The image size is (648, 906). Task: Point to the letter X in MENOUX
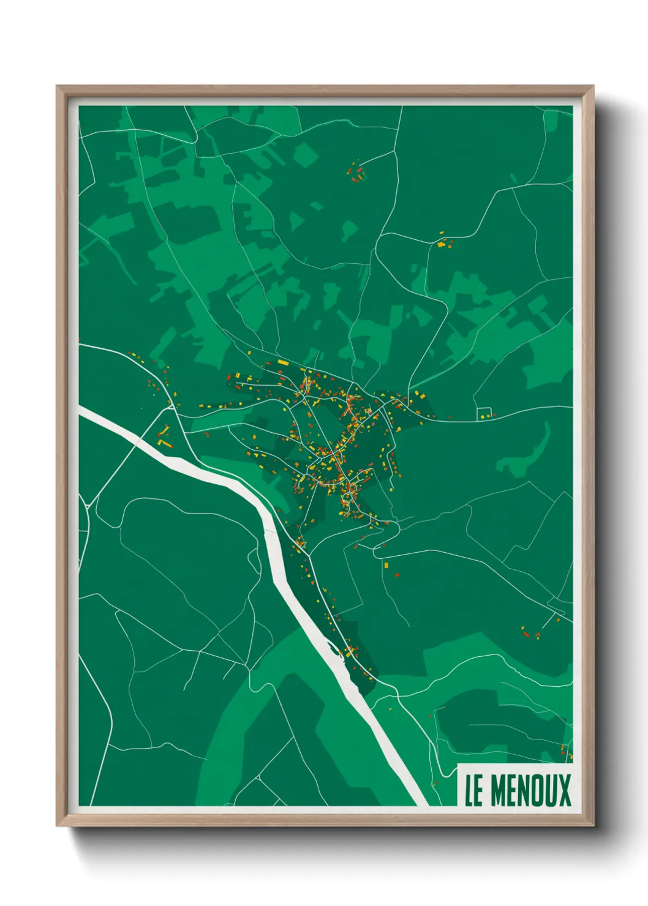[x=564, y=790]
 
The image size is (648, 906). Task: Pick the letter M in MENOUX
[x=497, y=790]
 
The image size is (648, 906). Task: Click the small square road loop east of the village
[x=484, y=414]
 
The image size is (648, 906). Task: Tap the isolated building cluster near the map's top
[x=355, y=172]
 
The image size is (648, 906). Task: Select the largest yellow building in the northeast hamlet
[x=440, y=244]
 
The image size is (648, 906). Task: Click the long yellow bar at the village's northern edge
[x=282, y=362]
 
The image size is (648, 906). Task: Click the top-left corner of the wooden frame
[x=58, y=87]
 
